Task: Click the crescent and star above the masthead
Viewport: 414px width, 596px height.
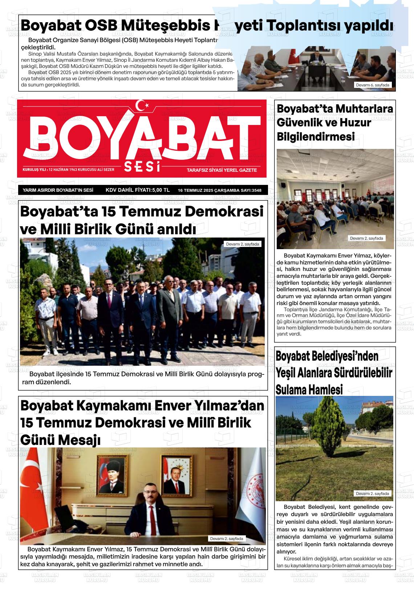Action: click(142, 105)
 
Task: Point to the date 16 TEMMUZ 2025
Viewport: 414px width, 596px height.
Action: click(195, 190)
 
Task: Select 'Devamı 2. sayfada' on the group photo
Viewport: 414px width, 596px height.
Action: click(242, 244)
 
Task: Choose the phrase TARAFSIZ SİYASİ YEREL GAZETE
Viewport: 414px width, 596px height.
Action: click(222, 170)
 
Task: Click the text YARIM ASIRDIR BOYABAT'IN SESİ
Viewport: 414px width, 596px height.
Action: click(58, 190)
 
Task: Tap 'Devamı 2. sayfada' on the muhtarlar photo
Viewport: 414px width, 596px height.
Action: click(366, 239)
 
